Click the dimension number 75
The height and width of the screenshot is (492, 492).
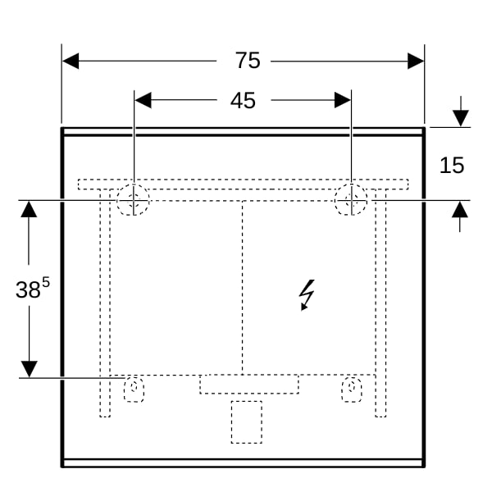point(248,60)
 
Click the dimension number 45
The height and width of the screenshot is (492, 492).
point(243,101)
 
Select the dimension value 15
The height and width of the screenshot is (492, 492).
point(452,165)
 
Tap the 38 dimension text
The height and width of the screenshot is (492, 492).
point(28,289)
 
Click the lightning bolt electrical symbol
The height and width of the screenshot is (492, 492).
point(307,295)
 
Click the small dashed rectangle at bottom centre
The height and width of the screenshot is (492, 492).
point(247,422)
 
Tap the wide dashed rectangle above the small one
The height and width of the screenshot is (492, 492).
point(249,384)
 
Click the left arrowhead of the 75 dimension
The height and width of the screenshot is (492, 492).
point(71,61)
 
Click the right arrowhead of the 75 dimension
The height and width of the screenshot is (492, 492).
point(416,61)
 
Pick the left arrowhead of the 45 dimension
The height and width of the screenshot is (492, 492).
point(143,100)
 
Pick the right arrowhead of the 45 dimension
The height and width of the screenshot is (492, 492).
point(343,100)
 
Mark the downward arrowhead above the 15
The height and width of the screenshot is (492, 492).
point(461,118)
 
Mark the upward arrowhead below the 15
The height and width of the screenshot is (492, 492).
point(460,209)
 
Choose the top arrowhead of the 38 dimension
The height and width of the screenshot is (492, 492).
point(29,209)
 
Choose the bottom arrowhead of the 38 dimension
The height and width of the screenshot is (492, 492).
point(30,369)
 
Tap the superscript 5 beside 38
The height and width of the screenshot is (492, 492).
point(46,283)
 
